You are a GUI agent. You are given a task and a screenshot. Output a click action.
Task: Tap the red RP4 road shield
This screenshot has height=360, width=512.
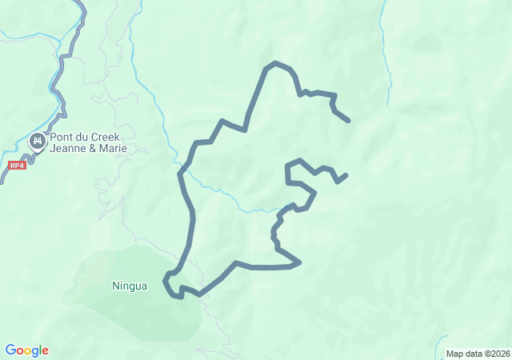17,166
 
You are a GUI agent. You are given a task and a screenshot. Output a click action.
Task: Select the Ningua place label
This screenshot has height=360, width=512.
130,286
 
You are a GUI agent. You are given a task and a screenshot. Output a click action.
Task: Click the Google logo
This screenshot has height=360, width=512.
26,350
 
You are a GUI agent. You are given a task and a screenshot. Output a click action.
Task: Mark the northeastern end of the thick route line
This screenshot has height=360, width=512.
349,121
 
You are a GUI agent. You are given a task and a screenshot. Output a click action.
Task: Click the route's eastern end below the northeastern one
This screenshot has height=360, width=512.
346,174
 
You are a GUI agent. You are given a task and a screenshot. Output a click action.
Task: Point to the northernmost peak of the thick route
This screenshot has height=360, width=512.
275,62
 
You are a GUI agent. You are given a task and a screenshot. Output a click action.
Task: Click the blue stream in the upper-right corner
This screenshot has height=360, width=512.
387,48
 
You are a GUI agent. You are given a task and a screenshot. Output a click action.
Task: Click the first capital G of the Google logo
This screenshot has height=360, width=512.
10,350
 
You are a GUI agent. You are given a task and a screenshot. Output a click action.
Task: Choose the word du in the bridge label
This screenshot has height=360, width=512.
83,136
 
